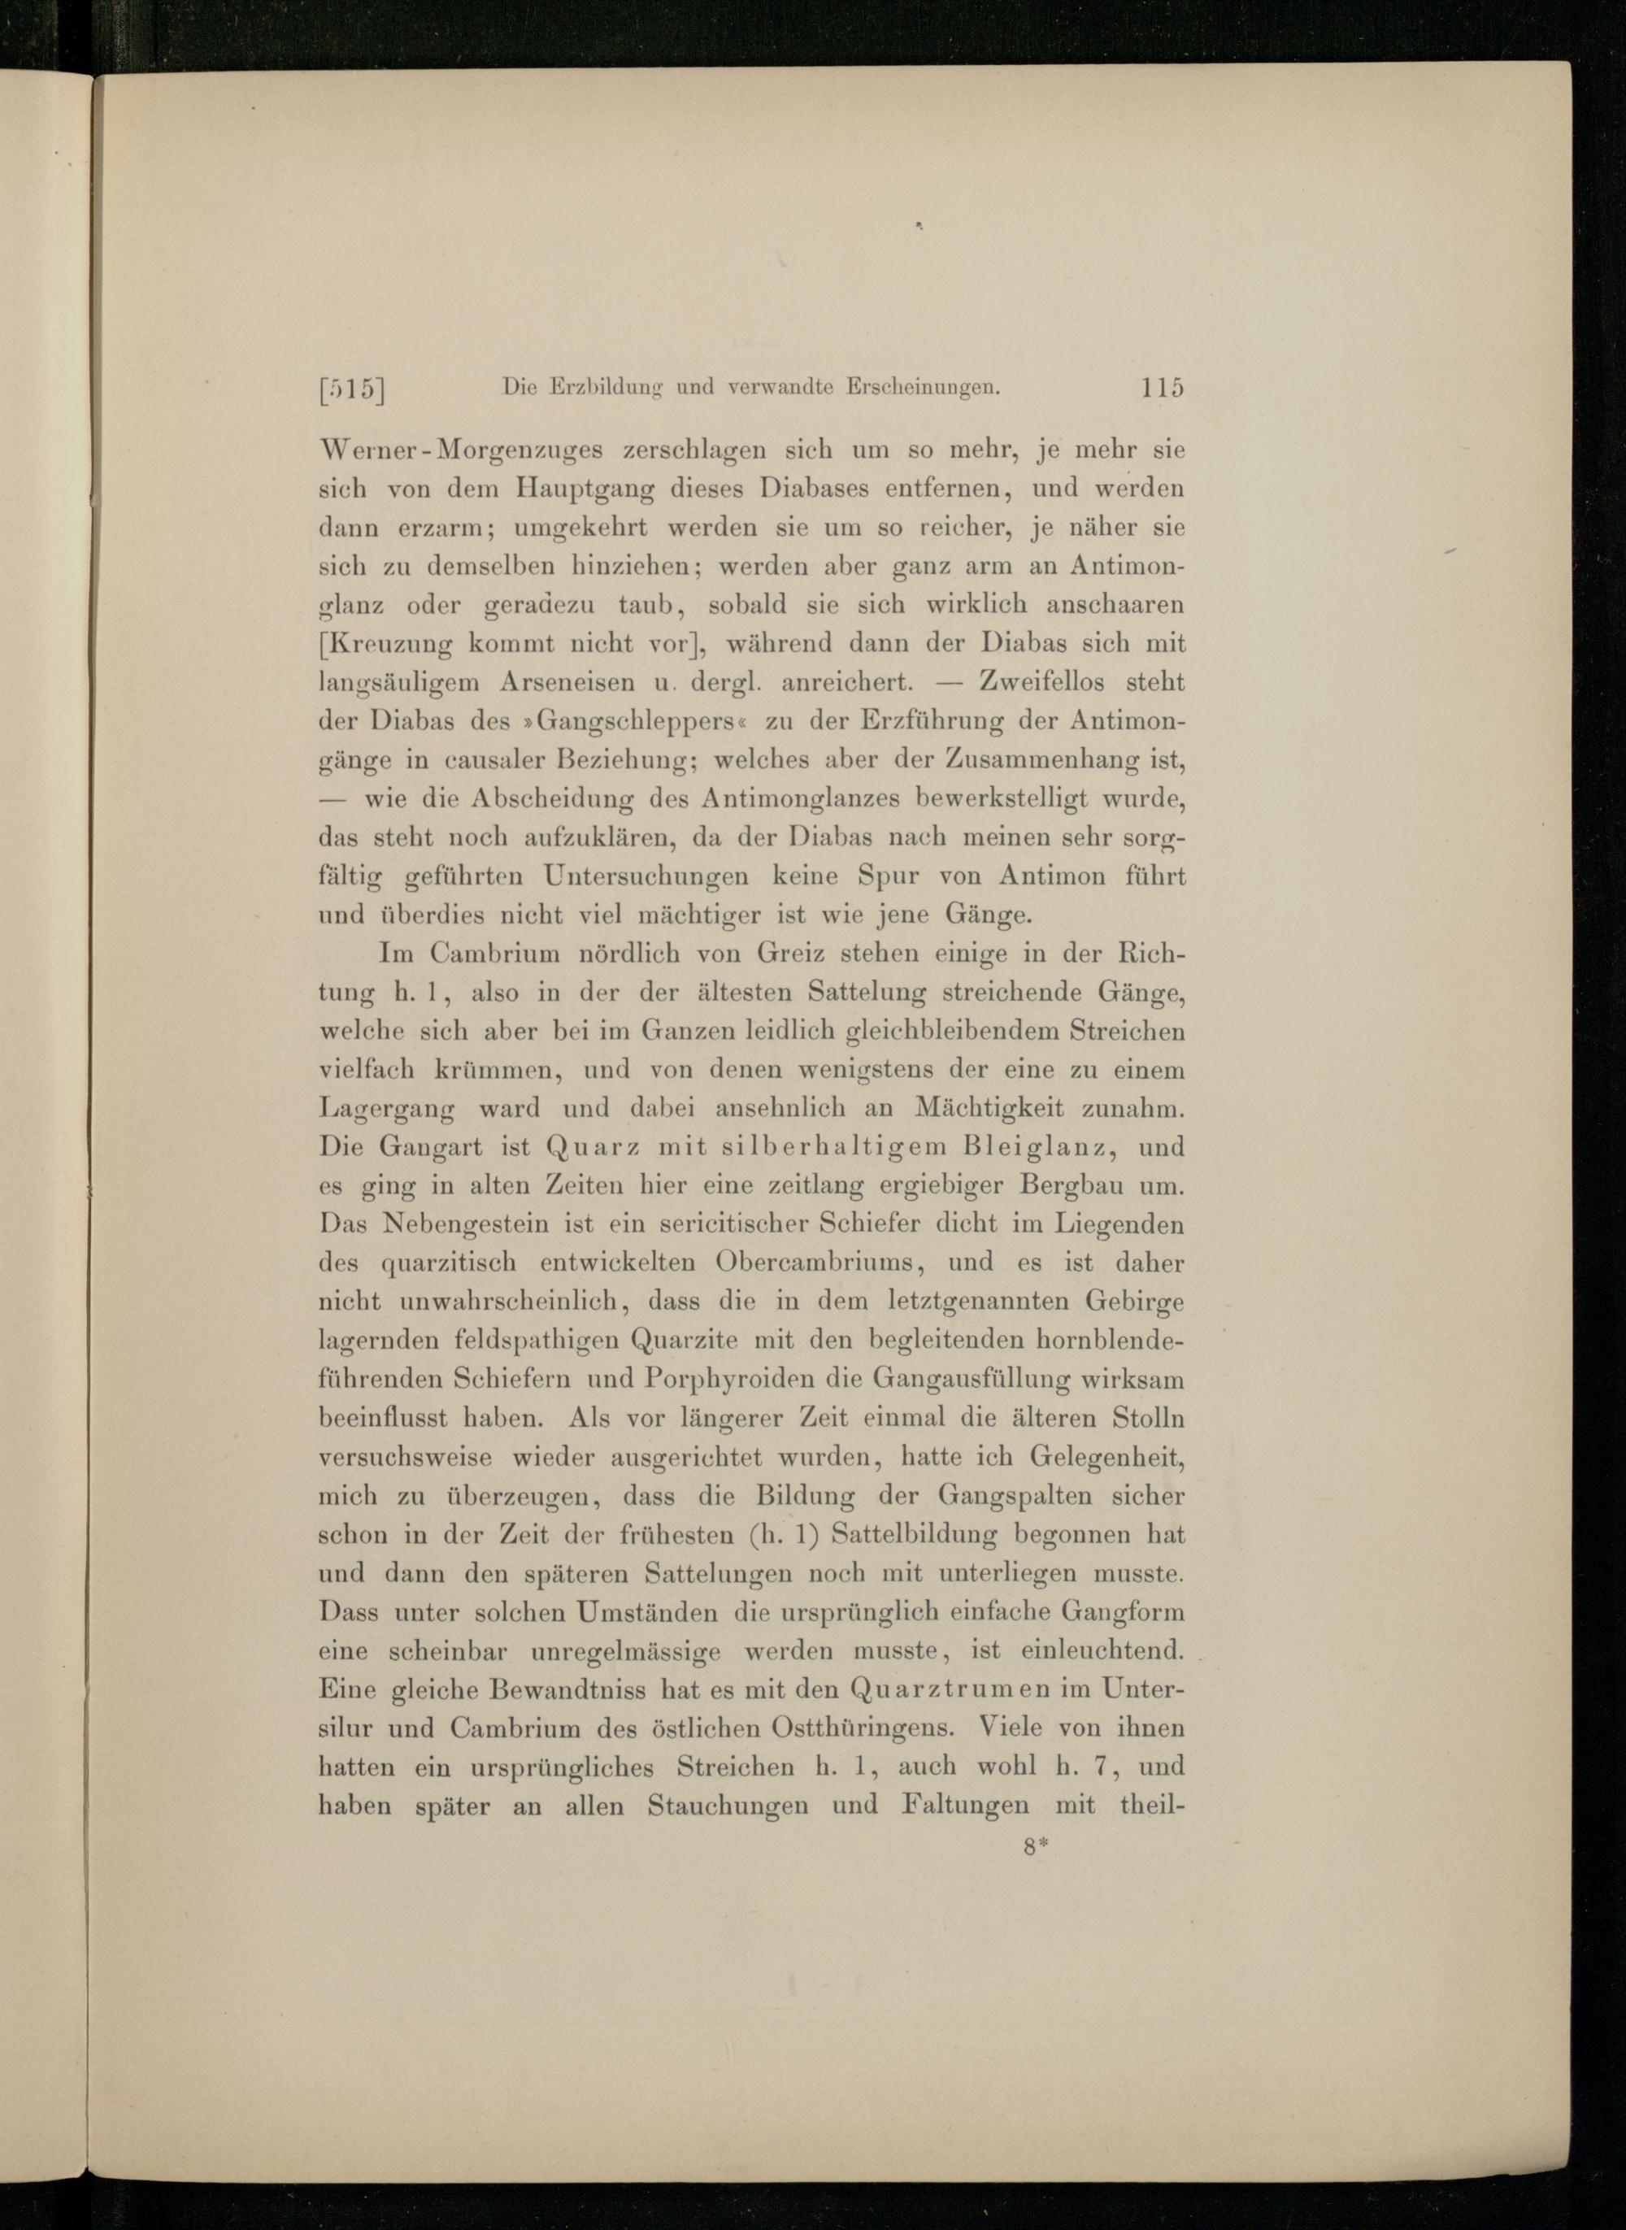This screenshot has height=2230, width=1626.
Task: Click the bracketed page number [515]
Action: click(351, 389)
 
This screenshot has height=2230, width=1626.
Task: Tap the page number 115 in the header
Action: click(1162, 387)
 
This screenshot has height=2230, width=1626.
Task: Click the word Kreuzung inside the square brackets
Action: click(388, 645)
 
